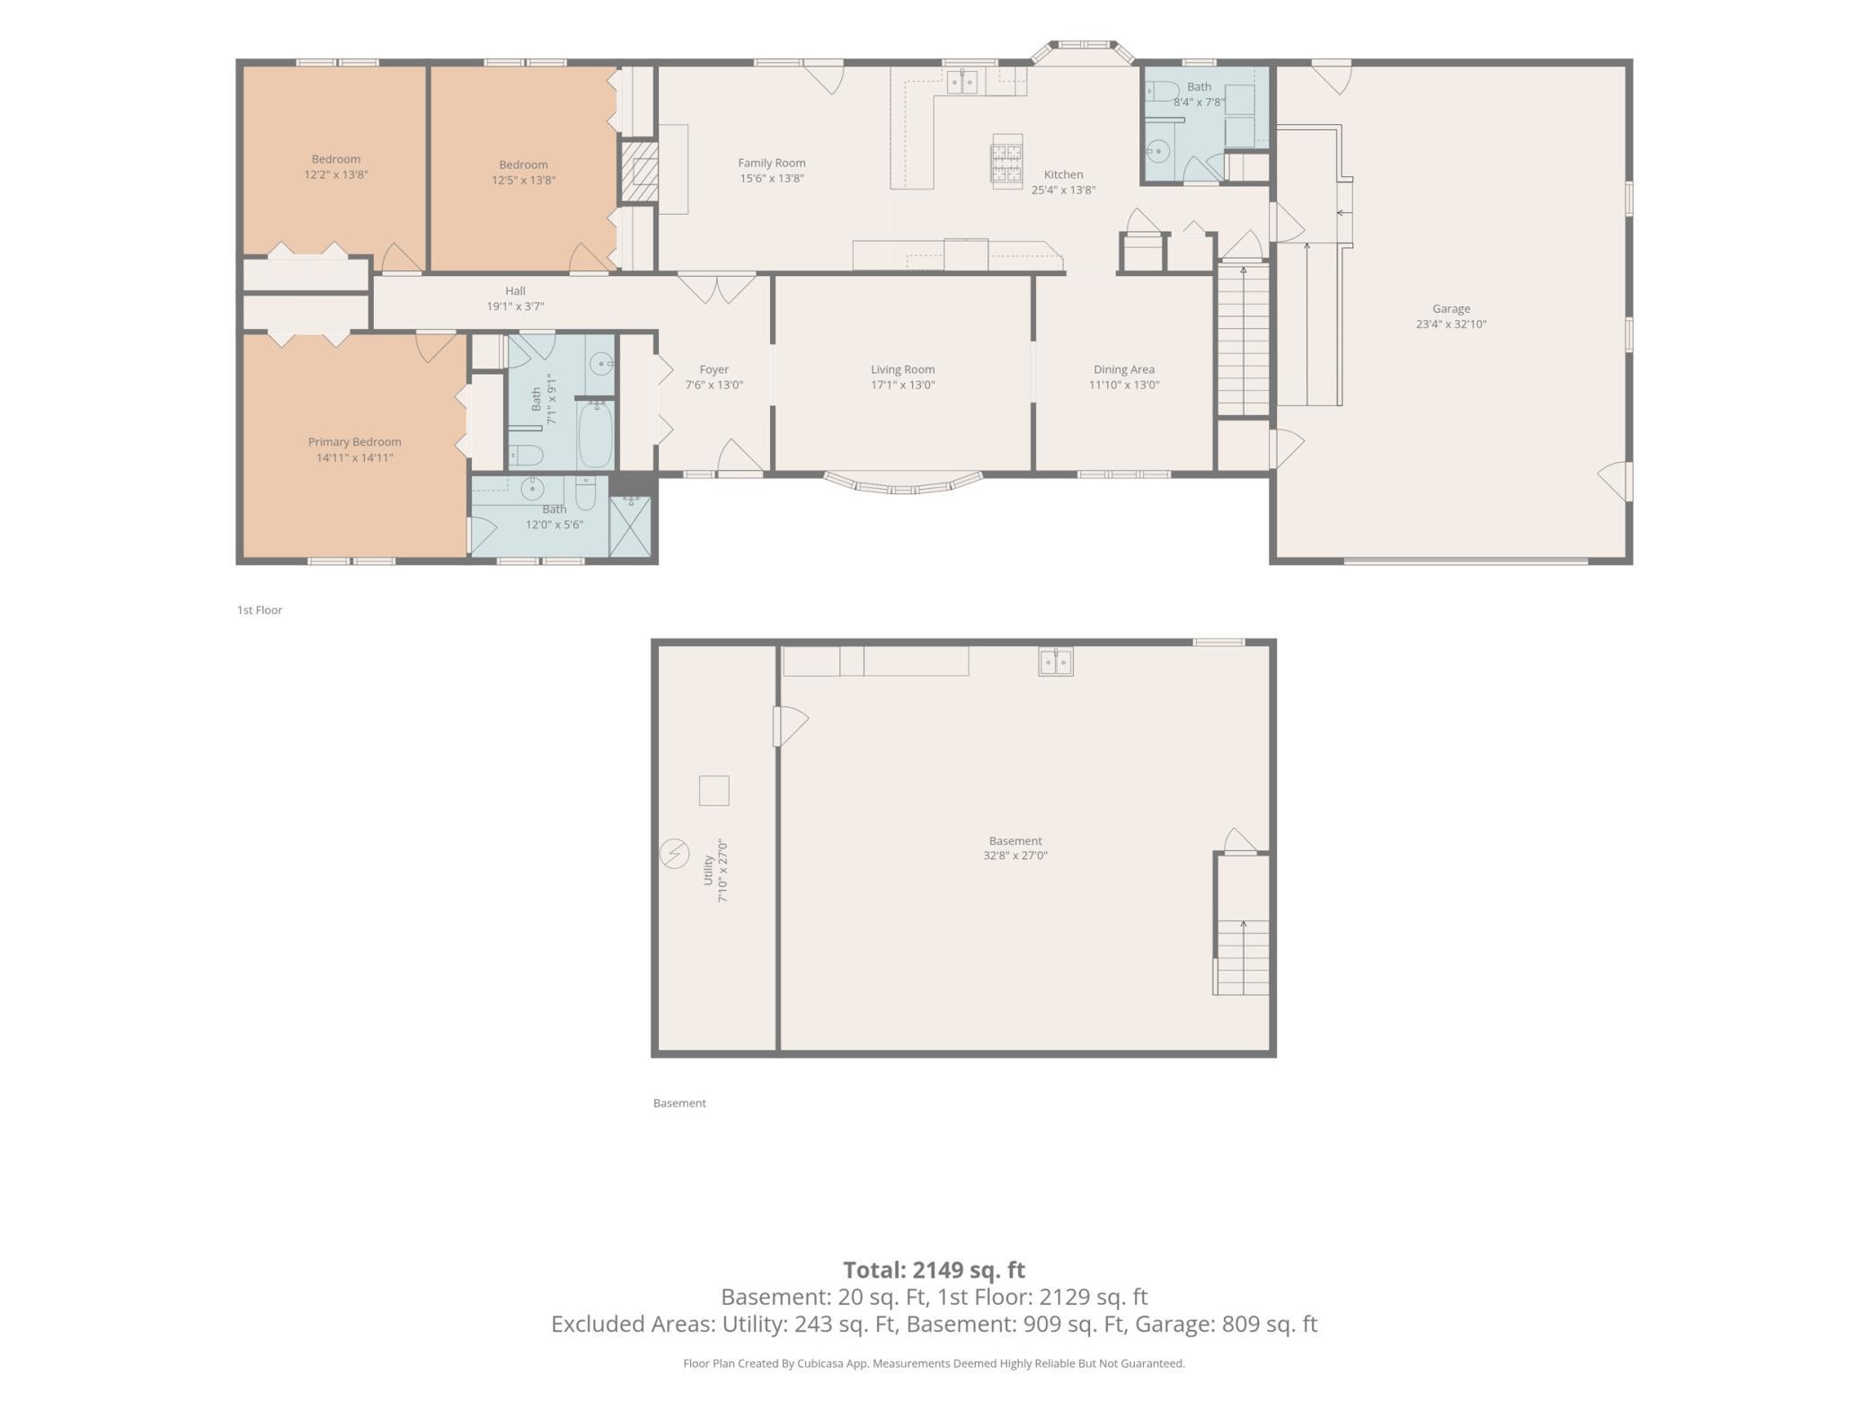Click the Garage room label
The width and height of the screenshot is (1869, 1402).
coord(1451,309)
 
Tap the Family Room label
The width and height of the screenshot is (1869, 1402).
coord(772,163)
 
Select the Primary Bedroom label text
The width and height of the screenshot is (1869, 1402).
coord(355,442)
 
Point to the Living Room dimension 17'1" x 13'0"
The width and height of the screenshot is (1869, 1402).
coord(903,385)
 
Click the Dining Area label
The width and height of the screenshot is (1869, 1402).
coord(1124,369)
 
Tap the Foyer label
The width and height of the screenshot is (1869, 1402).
coord(714,369)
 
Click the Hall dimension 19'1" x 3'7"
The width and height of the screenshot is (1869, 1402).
coord(516,306)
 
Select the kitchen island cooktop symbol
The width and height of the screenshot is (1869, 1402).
coord(1007,161)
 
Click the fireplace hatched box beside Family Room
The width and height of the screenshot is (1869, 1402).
coord(640,171)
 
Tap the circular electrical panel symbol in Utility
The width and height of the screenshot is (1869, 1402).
coord(674,853)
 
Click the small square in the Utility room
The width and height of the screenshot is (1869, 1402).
coord(714,791)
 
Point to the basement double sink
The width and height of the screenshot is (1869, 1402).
coord(1056,661)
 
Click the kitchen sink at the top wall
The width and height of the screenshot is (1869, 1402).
coord(962,82)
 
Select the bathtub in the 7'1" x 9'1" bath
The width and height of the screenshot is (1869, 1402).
coord(595,435)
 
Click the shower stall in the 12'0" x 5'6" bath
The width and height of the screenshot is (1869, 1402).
coord(631,526)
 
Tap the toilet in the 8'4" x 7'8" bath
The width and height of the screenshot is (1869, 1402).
coord(1161,92)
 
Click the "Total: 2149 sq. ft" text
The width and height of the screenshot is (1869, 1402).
coord(934,1270)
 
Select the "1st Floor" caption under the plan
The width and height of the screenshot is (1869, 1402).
coord(260,610)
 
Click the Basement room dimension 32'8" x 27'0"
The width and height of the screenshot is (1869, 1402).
coord(1015,856)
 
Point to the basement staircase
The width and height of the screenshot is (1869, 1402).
coord(1242,925)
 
